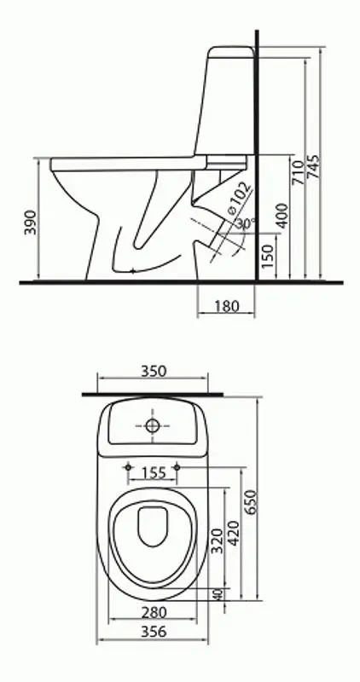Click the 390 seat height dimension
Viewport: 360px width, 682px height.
pos(30,223)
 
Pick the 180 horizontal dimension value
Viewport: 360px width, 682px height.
pos(226,305)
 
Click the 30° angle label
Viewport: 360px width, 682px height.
pos(246,223)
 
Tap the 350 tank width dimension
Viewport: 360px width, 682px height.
pos(153,371)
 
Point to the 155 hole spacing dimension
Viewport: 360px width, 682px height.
pos(153,471)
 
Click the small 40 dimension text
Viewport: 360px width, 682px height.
pos(218,594)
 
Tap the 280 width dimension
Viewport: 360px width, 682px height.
pos(153,611)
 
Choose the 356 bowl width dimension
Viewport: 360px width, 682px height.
pos(153,632)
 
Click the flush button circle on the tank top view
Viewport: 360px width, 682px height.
pos(153,425)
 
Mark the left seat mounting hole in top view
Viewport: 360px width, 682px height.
pos(128,466)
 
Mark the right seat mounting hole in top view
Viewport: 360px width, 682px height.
pos(177,466)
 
